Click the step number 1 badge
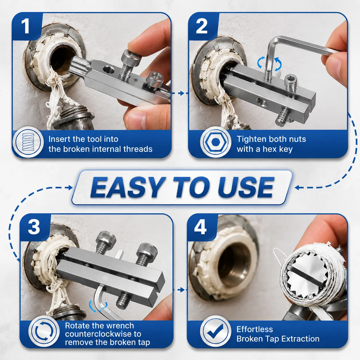coord(25,27)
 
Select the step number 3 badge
coord(34,228)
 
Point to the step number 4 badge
coord(200,228)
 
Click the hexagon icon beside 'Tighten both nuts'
coord(215,142)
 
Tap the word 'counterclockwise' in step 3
coord(103,334)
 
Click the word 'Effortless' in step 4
coord(255,329)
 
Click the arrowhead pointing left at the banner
coord(297,187)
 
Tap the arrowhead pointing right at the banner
coord(70,187)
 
